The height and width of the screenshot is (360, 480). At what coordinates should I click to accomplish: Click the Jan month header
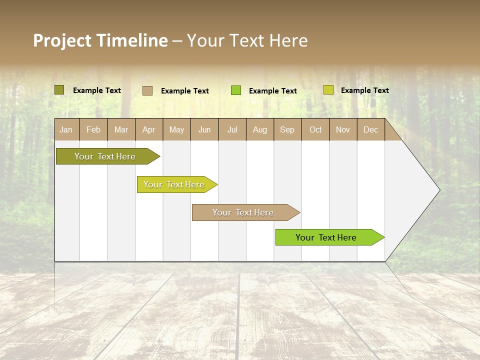click(66, 130)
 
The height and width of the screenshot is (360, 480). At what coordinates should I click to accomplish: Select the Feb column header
click(93, 130)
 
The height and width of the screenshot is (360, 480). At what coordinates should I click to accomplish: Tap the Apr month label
click(148, 130)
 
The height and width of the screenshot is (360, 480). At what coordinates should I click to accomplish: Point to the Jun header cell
click(204, 130)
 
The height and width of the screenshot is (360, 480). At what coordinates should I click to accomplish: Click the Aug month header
click(259, 130)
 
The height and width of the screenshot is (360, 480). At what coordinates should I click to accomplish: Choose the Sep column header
click(287, 130)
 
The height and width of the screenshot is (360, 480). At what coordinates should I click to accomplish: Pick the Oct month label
click(315, 130)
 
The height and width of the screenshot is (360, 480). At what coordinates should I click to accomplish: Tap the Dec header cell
click(370, 130)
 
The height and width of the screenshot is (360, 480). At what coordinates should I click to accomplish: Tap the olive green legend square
click(59, 90)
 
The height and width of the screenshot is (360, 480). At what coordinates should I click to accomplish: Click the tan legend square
click(147, 90)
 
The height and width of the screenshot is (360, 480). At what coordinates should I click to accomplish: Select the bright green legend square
click(236, 90)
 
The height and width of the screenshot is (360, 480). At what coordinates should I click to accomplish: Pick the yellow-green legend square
click(328, 90)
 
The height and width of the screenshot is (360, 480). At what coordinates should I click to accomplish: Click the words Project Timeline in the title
click(100, 40)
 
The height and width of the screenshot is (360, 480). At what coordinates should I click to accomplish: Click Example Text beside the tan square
click(184, 91)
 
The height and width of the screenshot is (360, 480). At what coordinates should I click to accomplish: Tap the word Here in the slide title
click(288, 40)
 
